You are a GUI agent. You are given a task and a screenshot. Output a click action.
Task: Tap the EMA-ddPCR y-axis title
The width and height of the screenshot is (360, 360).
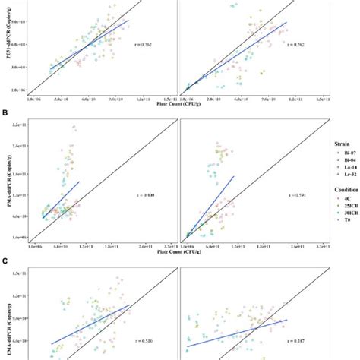click(x=7, y=327)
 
